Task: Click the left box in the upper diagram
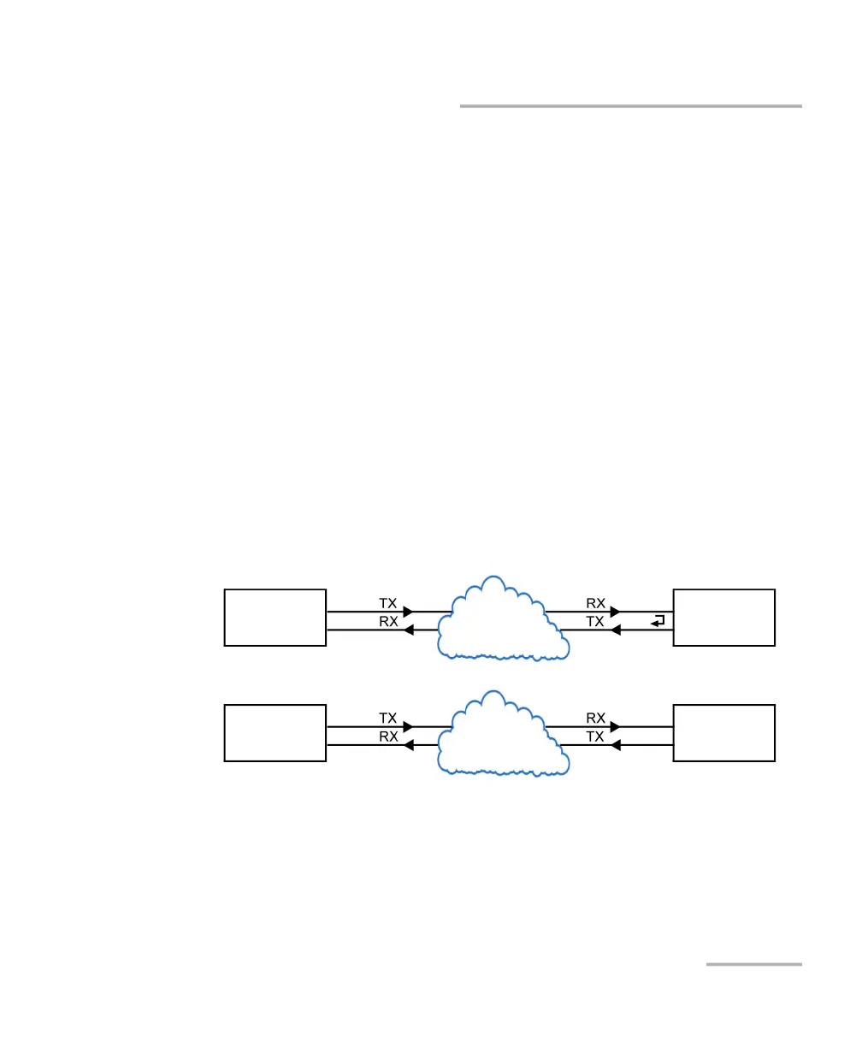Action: [275, 617]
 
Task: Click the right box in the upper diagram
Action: [724, 617]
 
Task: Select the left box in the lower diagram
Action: [275, 732]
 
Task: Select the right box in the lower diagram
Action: [724, 732]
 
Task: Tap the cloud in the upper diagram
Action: [500, 621]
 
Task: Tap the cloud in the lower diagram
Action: [500, 736]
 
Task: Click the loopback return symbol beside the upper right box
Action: [657, 621]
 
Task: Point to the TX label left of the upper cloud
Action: [388, 603]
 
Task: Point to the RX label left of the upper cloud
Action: [388, 622]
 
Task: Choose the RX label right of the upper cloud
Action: [596, 603]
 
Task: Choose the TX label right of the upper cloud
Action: [596, 622]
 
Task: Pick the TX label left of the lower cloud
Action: [388, 719]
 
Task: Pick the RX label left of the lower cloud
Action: [388, 737]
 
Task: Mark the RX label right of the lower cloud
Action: [596, 719]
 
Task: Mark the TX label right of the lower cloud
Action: [596, 737]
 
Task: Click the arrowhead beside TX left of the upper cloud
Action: [408, 612]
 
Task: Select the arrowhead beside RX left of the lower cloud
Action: [408, 745]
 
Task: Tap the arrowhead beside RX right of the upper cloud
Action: [614, 612]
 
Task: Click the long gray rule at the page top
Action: [631, 106]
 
